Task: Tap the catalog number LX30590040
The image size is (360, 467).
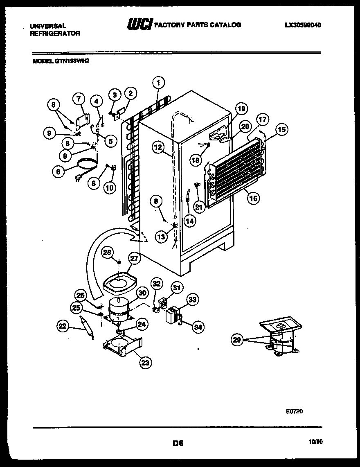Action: (x=303, y=25)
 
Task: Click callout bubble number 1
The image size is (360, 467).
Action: (x=158, y=82)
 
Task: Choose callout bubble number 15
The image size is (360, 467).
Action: (x=281, y=130)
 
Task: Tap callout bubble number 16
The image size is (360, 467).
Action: (x=254, y=199)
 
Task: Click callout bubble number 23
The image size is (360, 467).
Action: (x=145, y=361)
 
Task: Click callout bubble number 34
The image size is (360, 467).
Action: (x=198, y=327)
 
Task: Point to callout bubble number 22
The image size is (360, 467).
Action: (x=63, y=325)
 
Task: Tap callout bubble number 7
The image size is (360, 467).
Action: (x=79, y=99)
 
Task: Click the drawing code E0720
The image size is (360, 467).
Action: (x=294, y=412)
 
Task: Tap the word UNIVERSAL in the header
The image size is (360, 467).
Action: (x=48, y=26)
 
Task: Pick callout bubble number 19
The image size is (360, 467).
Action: (x=242, y=109)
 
